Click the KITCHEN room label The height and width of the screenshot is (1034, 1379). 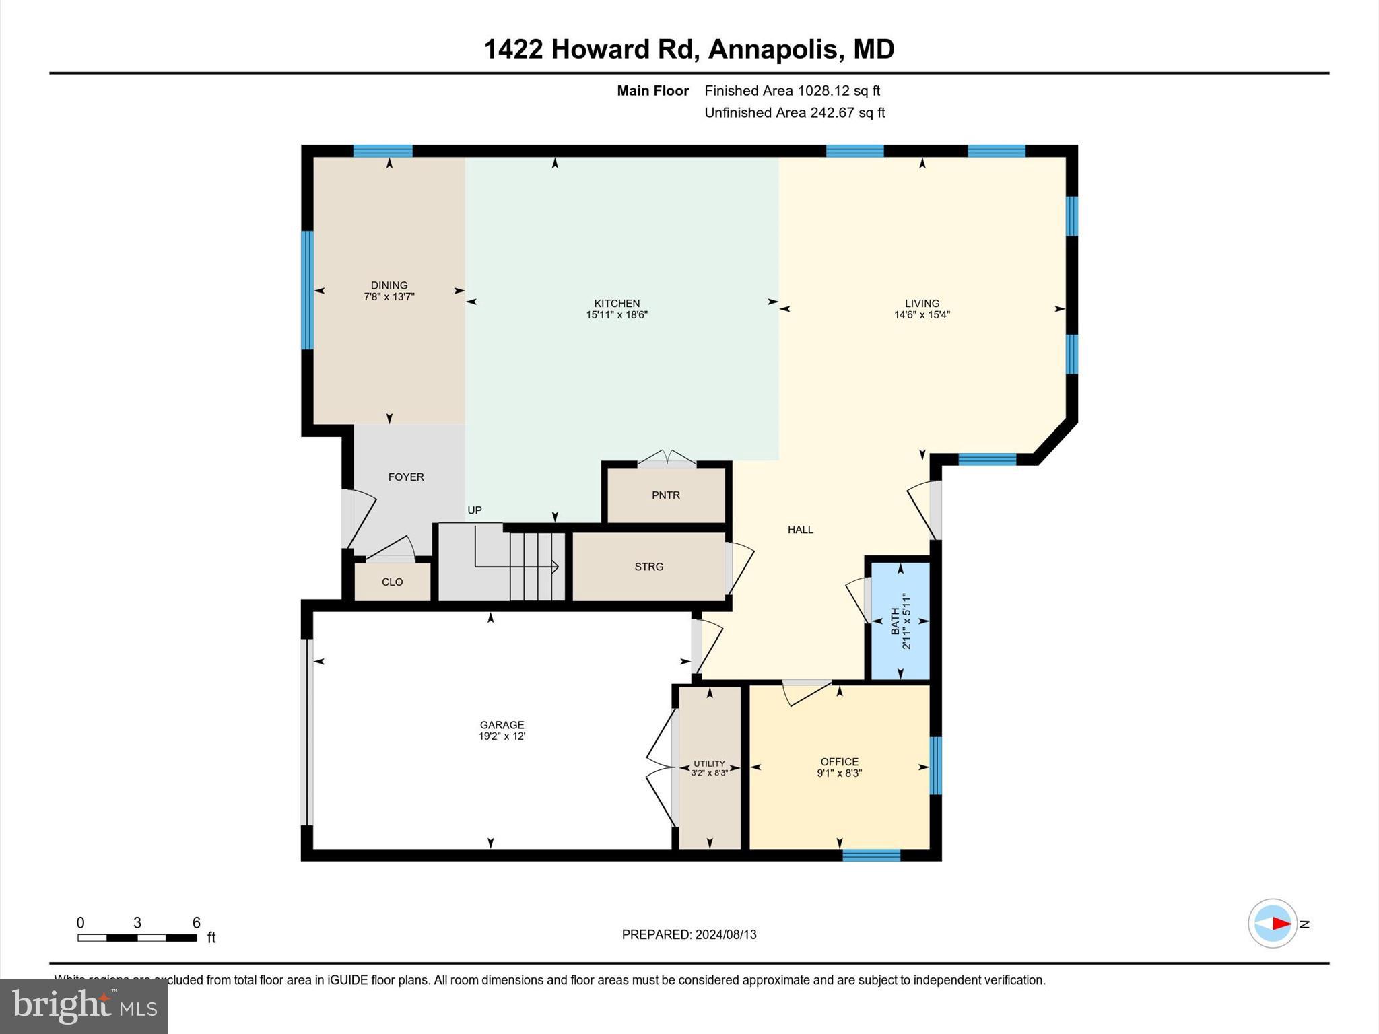coord(616,303)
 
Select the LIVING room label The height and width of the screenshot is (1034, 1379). coord(921,303)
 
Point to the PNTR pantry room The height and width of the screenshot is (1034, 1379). coord(665,495)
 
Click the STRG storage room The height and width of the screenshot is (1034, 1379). coord(648,567)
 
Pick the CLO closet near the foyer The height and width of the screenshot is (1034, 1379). coord(392,582)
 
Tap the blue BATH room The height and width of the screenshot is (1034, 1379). coord(900,621)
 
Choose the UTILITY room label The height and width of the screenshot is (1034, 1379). coord(709,763)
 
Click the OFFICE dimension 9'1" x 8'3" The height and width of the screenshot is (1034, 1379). coord(839,773)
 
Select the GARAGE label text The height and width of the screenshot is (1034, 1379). coord(502,725)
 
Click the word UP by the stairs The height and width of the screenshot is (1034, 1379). coord(475,510)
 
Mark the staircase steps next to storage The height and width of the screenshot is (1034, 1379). coord(537,565)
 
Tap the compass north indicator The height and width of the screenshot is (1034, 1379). coord(1273,924)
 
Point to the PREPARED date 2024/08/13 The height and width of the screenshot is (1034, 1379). coord(689,934)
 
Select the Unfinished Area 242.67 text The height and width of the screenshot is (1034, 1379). coord(795,113)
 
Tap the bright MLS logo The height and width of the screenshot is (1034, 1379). coord(84,1006)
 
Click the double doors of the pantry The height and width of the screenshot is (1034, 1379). coord(667,458)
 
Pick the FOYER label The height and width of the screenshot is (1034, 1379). coord(406,477)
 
